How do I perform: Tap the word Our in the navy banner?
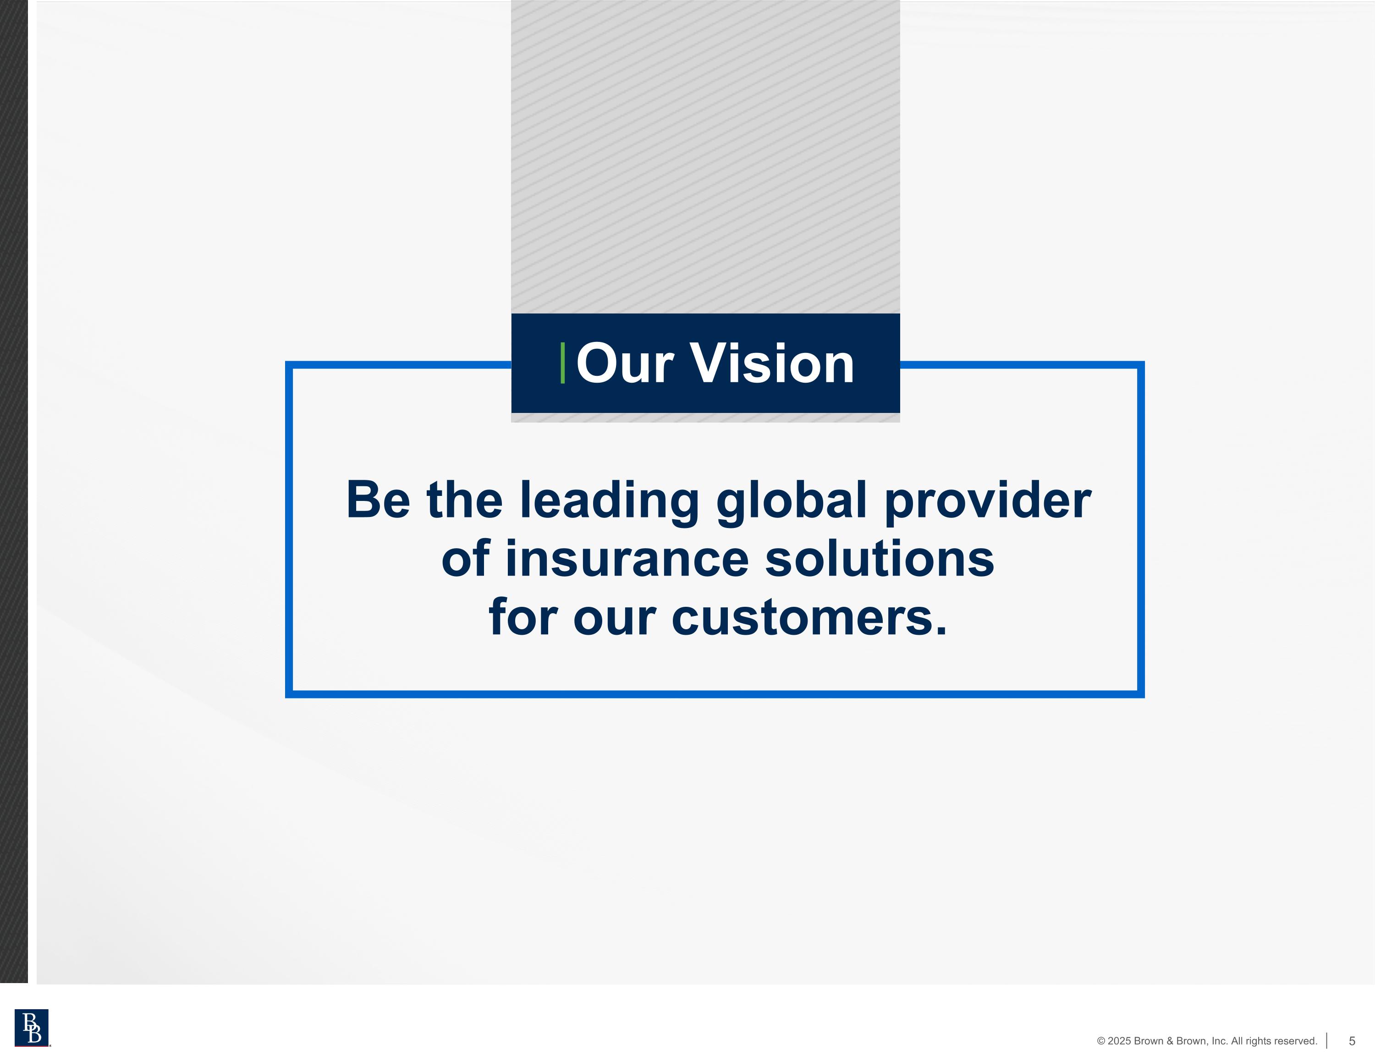[x=625, y=363]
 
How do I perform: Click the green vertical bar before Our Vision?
[x=562, y=363]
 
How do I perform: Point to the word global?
[x=792, y=500]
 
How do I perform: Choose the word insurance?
[x=627, y=559]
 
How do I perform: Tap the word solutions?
[x=880, y=559]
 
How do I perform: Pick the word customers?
[x=809, y=618]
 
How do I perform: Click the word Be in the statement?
[x=378, y=500]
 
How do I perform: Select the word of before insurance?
[x=465, y=559]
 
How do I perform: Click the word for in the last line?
[x=522, y=618]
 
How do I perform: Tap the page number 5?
[x=1352, y=1041]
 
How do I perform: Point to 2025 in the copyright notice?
[x=1119, y=1041]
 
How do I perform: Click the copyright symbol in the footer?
[x=1101, y=1041]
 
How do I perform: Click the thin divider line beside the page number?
[x=1326, y=1041]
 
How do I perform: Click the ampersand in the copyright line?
[x=1171, y=1041]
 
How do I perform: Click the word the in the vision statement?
[x=465, y=500]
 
